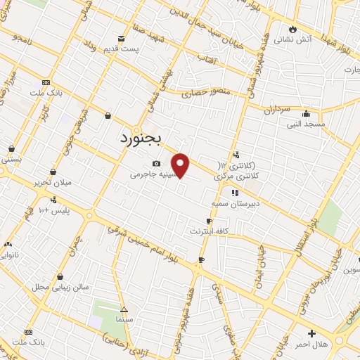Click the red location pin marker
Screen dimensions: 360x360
click(181, 165)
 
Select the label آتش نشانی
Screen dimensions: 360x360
click(313, 39)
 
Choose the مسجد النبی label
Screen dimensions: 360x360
click(304, 124)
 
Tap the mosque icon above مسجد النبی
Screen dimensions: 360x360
click(306, 113)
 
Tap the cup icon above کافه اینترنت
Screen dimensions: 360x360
click(209, 221)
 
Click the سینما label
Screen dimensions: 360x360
click(124, 319)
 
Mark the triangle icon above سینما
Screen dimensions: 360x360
click(124, 309)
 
